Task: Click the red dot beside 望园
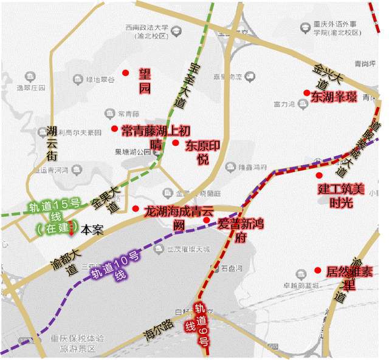[126, 73]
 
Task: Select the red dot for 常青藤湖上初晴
[114, 128]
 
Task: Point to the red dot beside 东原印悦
[175, 143]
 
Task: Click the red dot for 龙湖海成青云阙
[135, 209]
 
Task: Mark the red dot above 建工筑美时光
[319, 175]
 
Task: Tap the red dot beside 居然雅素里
[317, 270]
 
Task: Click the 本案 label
[92, 230]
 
